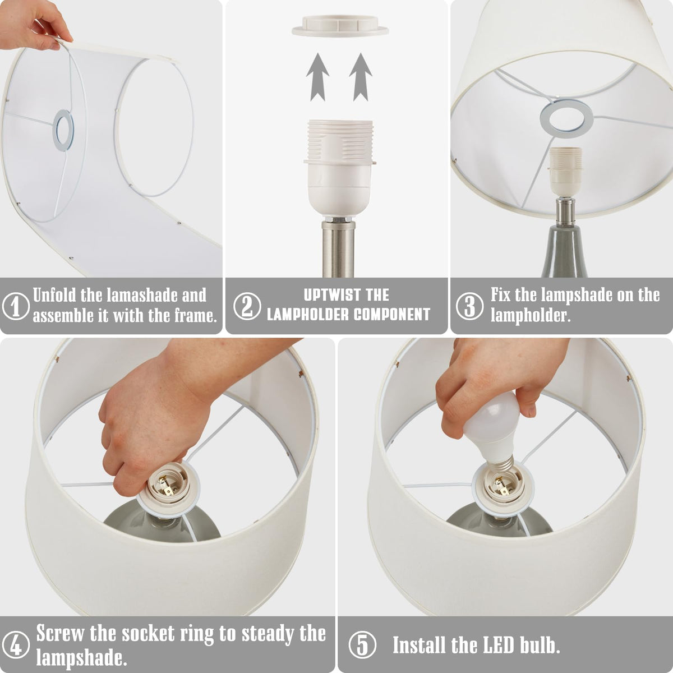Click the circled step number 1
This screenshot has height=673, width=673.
pos(15,306)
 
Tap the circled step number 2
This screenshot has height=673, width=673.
pos(247,306)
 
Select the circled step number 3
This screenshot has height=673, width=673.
pos(469,306)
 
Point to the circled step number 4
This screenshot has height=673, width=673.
pos(15,644)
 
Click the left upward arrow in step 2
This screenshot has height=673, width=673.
pos(317,77)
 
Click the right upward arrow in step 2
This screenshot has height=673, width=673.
pos(361,77)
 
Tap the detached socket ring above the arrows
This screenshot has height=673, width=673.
pos(340,27)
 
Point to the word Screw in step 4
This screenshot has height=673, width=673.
pos(59,633)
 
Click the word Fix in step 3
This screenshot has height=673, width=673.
pos(501,295)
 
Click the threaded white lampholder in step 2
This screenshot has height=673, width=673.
pos(340,168)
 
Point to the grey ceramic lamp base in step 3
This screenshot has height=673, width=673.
pos(564,251)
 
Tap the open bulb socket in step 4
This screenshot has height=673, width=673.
pos(167,483)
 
